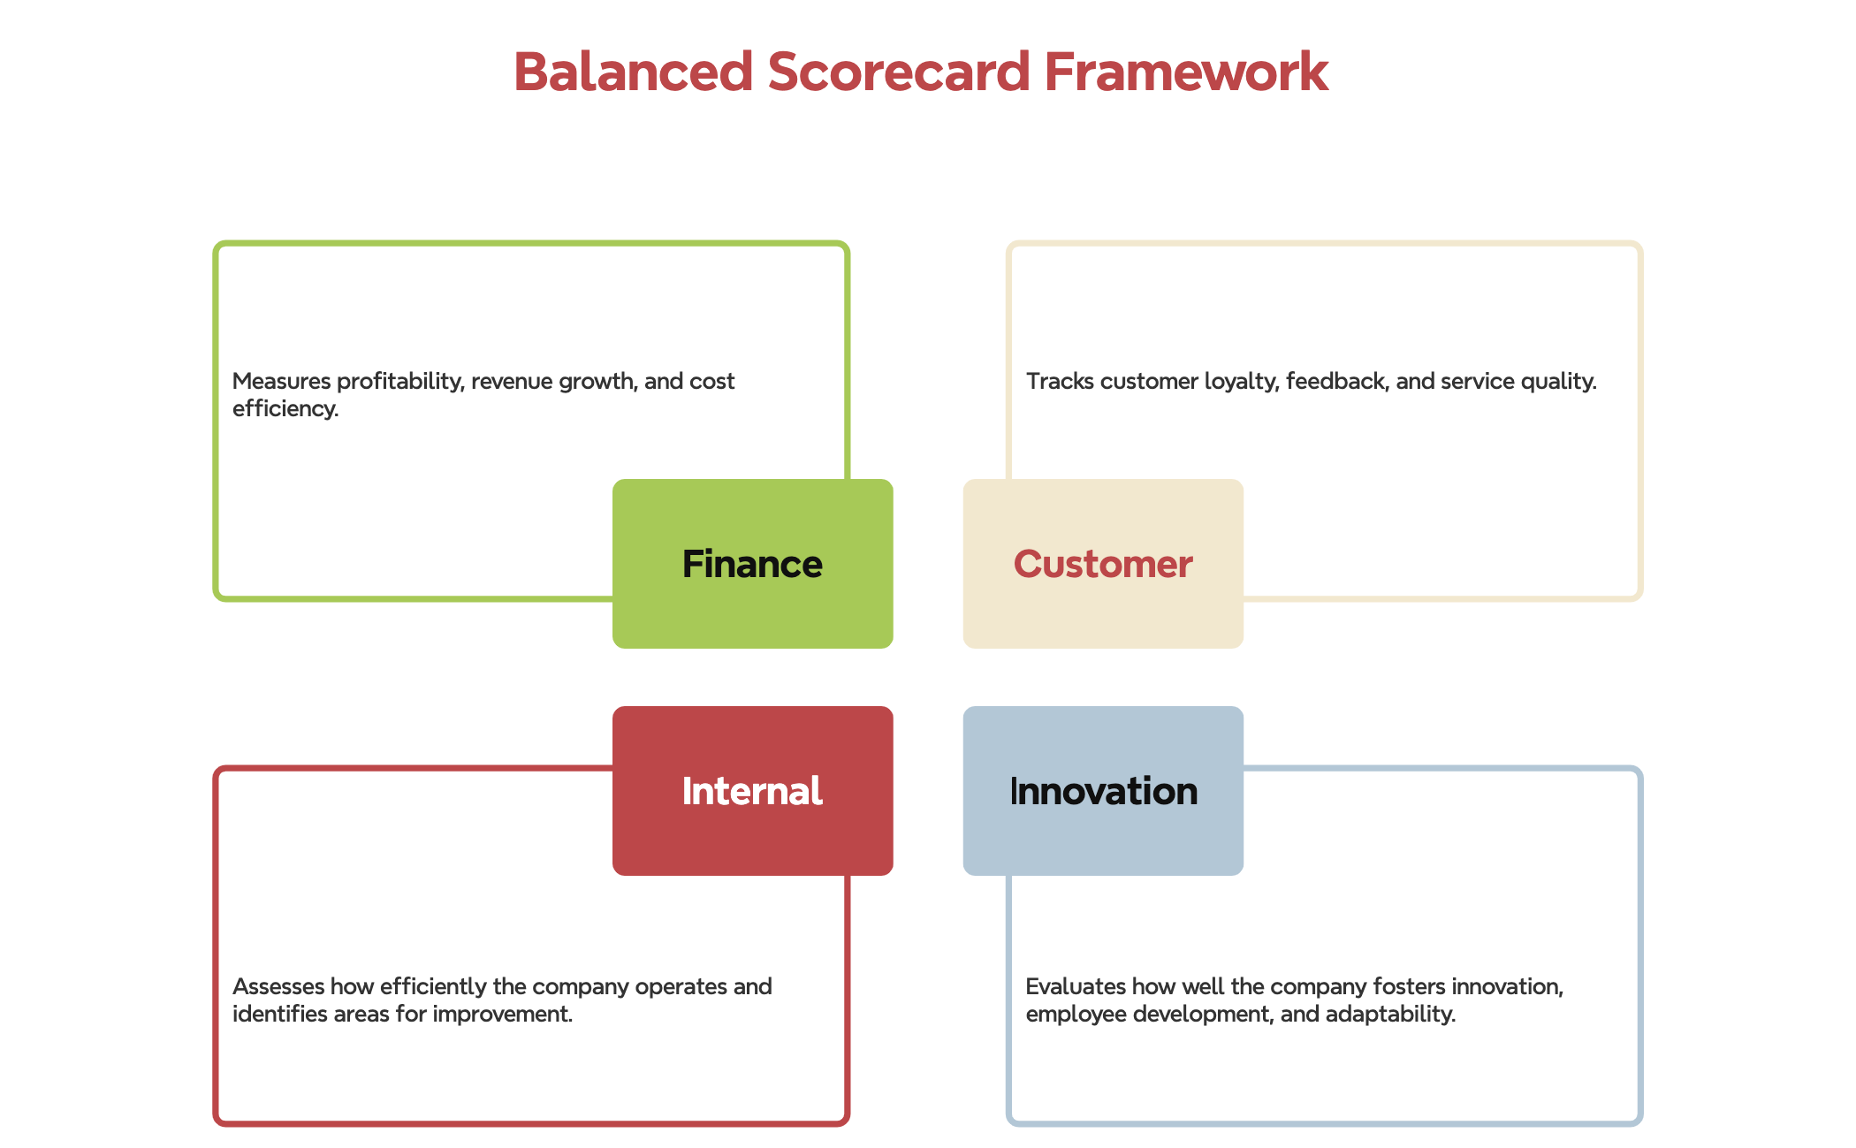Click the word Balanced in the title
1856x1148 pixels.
[x=633, y=72]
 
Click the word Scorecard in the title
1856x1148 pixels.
[x=899, y=72]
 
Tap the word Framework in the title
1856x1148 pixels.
[x=1186, y=72]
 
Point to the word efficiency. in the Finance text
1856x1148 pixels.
[x=285, y=409]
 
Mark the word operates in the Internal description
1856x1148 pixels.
[x=681, y=987]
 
